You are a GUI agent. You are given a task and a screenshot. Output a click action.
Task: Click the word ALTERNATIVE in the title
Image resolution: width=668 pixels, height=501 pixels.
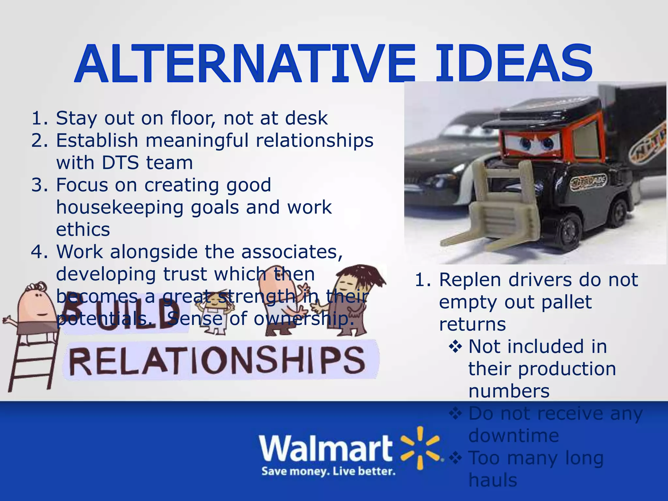point(245,64)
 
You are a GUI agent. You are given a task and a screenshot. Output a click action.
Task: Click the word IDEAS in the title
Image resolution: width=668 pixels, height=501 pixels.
point(514,64)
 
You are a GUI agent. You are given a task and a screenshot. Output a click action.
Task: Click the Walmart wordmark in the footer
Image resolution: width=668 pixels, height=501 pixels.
point(326,448)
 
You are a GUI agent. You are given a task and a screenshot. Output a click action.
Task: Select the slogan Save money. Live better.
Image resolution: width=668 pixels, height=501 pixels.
point(328,471)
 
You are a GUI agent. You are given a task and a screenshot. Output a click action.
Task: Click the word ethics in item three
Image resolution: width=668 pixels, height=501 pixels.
point(83,230)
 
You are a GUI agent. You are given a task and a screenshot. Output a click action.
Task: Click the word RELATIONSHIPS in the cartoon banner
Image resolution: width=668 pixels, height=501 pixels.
point(217,360)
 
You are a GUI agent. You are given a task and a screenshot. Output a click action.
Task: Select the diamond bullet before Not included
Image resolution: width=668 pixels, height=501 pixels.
point(455,347)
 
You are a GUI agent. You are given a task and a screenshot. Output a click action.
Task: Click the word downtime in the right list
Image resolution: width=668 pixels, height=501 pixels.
point(513,435)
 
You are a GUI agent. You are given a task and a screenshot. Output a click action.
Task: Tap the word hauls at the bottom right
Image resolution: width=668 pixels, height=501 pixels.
point(493,480)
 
